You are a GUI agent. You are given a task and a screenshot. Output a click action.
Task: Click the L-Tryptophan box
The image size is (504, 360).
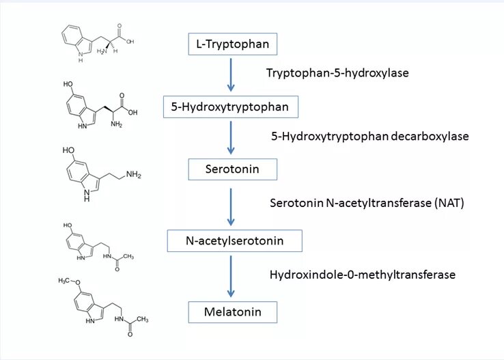[224, 45]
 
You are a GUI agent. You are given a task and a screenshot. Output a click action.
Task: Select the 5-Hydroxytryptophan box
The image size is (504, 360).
[231, 107]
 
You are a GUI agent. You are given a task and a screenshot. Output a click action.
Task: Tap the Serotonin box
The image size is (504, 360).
[232, 169]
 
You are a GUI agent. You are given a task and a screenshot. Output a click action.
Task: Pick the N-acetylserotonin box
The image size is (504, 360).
[235, 240]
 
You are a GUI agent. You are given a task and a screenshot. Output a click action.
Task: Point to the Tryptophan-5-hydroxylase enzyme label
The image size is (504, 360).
[337, 72]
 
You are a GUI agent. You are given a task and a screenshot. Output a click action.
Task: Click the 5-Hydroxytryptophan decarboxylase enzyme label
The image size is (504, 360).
[370, 136]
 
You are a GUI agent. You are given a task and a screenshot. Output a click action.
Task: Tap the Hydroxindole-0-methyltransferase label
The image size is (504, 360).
[363, 275]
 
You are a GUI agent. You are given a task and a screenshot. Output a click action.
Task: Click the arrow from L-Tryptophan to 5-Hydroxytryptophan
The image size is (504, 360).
[231, 75]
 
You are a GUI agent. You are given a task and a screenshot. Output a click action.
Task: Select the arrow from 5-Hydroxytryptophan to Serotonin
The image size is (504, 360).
[231, 137]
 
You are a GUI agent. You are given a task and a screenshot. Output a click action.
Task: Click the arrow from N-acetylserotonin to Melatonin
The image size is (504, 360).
[231, 276]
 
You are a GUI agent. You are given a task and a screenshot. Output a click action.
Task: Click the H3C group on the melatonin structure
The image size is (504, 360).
[66, 281]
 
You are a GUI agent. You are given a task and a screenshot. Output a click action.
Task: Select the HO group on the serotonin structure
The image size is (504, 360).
[68, 149]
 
